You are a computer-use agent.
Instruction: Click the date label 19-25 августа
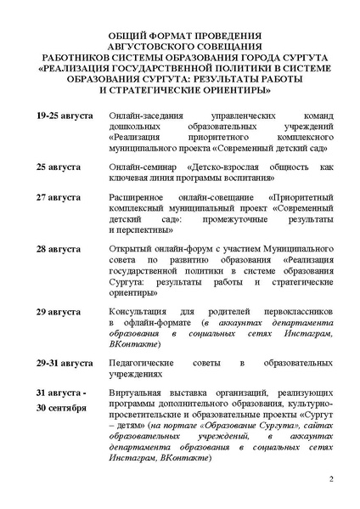click(x=65, y=113)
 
